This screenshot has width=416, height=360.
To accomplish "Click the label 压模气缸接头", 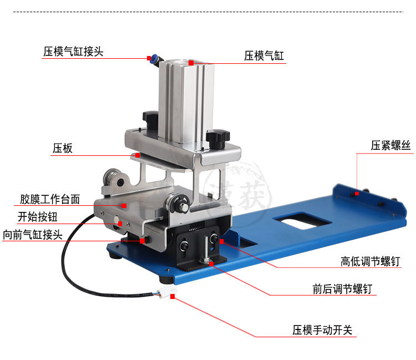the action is pyautogui.click(x=74, y=52).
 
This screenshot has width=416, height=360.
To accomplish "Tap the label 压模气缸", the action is pyautogui.click(x=264, y=56).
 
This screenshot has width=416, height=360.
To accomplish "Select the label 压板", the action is pyautogui.click(x=63, y=149).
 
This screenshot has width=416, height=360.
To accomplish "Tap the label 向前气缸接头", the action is pyautogui.click(x=34, y=235).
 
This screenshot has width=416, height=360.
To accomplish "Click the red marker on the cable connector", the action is pyautogui.click(x=173, y=297).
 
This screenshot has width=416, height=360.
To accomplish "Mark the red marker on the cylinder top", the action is pyautogui.click(x=191, y=63).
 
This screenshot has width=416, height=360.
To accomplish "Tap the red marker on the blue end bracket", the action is pyautogui.click(x=358, y=193).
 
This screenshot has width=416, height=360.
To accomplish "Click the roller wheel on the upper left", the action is pyautogui.click(x=115, y=181).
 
